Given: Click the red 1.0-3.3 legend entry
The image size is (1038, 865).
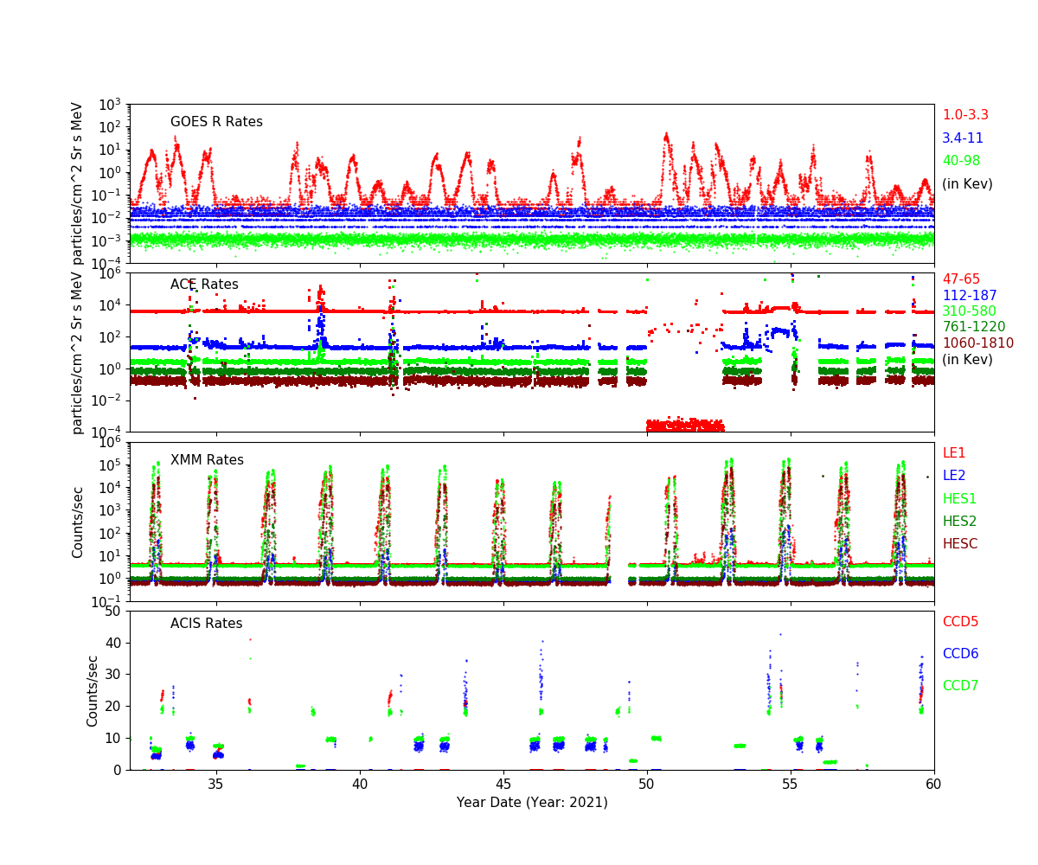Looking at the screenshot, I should point(964,115).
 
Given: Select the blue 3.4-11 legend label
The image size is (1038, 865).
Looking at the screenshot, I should point(963,138).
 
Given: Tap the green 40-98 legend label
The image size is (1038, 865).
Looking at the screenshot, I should point(961,161).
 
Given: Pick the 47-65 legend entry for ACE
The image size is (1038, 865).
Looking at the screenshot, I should point(961,279).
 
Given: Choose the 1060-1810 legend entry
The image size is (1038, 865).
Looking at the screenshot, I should point(977,343).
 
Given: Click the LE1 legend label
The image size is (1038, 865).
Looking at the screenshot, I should point(954,453).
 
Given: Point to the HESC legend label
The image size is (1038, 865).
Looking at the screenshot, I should point(959,544).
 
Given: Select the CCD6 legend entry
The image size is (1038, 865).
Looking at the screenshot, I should point(960,654).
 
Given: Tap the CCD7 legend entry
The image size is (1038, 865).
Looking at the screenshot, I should point(960,686).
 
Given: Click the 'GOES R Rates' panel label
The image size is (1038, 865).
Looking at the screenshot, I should point(216,122).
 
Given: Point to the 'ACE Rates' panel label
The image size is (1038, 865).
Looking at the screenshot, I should point(204,285).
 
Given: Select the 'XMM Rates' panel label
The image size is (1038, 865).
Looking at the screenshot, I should point(207,460).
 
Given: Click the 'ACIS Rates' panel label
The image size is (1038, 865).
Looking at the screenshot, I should point(206,624).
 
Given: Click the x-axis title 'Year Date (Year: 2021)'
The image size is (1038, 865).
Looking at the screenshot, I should point(532,803).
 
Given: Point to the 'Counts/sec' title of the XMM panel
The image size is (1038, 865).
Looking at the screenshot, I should point(78,522).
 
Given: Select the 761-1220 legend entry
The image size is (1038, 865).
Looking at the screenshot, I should point(974,327).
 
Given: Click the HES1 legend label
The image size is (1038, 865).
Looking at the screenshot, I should point(959,499).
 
